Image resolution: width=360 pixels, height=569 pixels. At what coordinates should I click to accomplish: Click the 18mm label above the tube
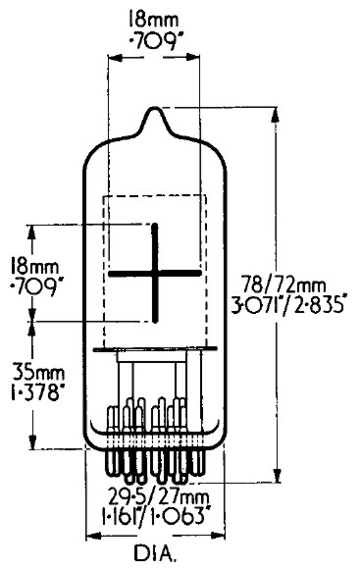click(x=153, y=19)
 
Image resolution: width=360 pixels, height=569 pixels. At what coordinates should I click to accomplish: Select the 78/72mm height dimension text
click(x=283, y=284)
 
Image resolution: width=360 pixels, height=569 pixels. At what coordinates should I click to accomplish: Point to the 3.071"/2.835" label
click(x=286, y=306)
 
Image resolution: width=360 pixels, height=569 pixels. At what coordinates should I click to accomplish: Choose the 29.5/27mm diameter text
click(x=159, y=495)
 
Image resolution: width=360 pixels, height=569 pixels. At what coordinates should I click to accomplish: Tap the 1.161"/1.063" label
click(x=157, y=516)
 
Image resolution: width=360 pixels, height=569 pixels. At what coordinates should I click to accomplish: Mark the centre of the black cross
click(x=155, y=273)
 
